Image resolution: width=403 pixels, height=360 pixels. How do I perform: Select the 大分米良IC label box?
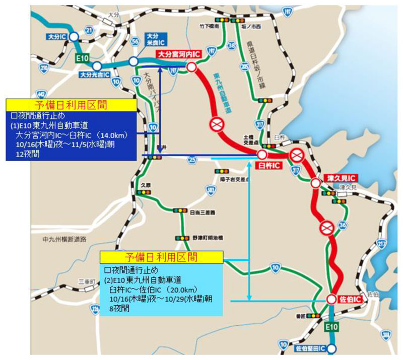click(152, 38)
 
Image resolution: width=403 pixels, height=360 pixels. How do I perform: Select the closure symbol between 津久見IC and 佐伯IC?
click(326, 227)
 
